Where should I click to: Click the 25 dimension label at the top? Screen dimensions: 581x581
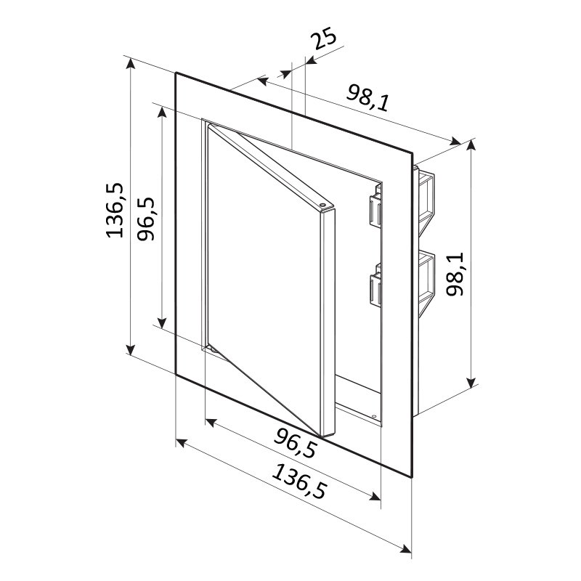pos(324,38)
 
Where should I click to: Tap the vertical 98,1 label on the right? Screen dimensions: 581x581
pos(455,274)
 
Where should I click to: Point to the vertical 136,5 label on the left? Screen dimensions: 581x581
pos(115,210)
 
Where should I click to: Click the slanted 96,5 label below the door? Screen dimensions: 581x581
pos(296,443)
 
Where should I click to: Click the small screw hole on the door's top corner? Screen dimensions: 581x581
pos(322,204)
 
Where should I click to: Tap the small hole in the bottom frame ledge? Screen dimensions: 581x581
pos(373,415)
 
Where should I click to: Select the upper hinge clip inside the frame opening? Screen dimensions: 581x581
pos(375,208)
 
